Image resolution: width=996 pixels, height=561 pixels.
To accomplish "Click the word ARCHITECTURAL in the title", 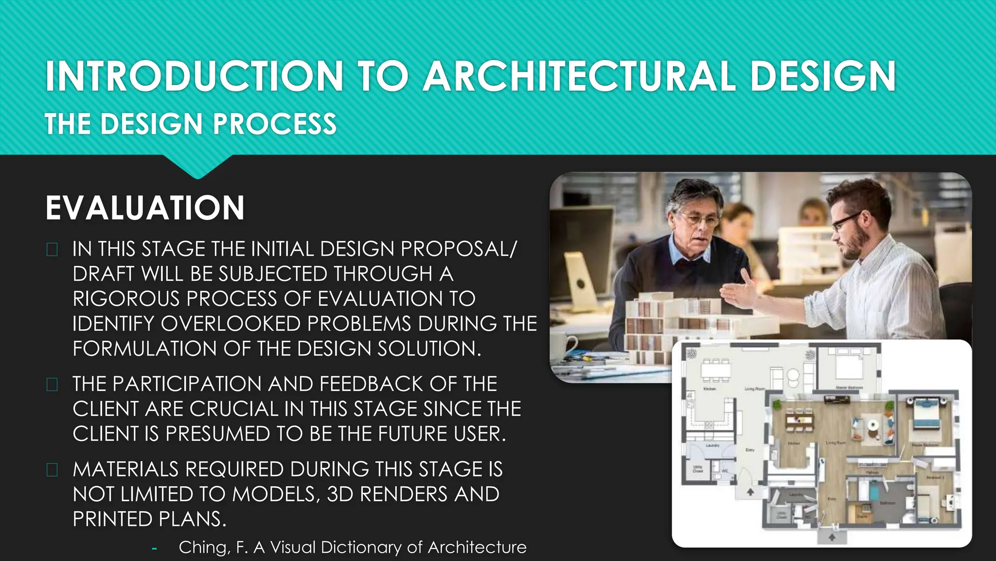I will tap(579, 76).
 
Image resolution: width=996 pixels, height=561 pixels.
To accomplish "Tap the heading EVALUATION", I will tap(145, 208).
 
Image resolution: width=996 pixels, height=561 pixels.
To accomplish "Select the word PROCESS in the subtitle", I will tap(275, 124).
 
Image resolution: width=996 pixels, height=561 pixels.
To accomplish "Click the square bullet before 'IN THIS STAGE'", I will tap(52, 250).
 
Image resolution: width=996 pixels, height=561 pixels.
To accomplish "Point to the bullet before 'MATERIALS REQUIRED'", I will tap(52, 470).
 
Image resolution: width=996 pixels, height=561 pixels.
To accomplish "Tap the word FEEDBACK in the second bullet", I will tap(371, 384).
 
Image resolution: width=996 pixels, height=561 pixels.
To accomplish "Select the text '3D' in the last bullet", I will tap(339, 494).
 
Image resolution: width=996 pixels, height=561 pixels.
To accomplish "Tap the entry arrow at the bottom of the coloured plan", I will tap(832, 537).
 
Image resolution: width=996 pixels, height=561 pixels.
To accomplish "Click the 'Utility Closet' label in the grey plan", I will tap(698, 469).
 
